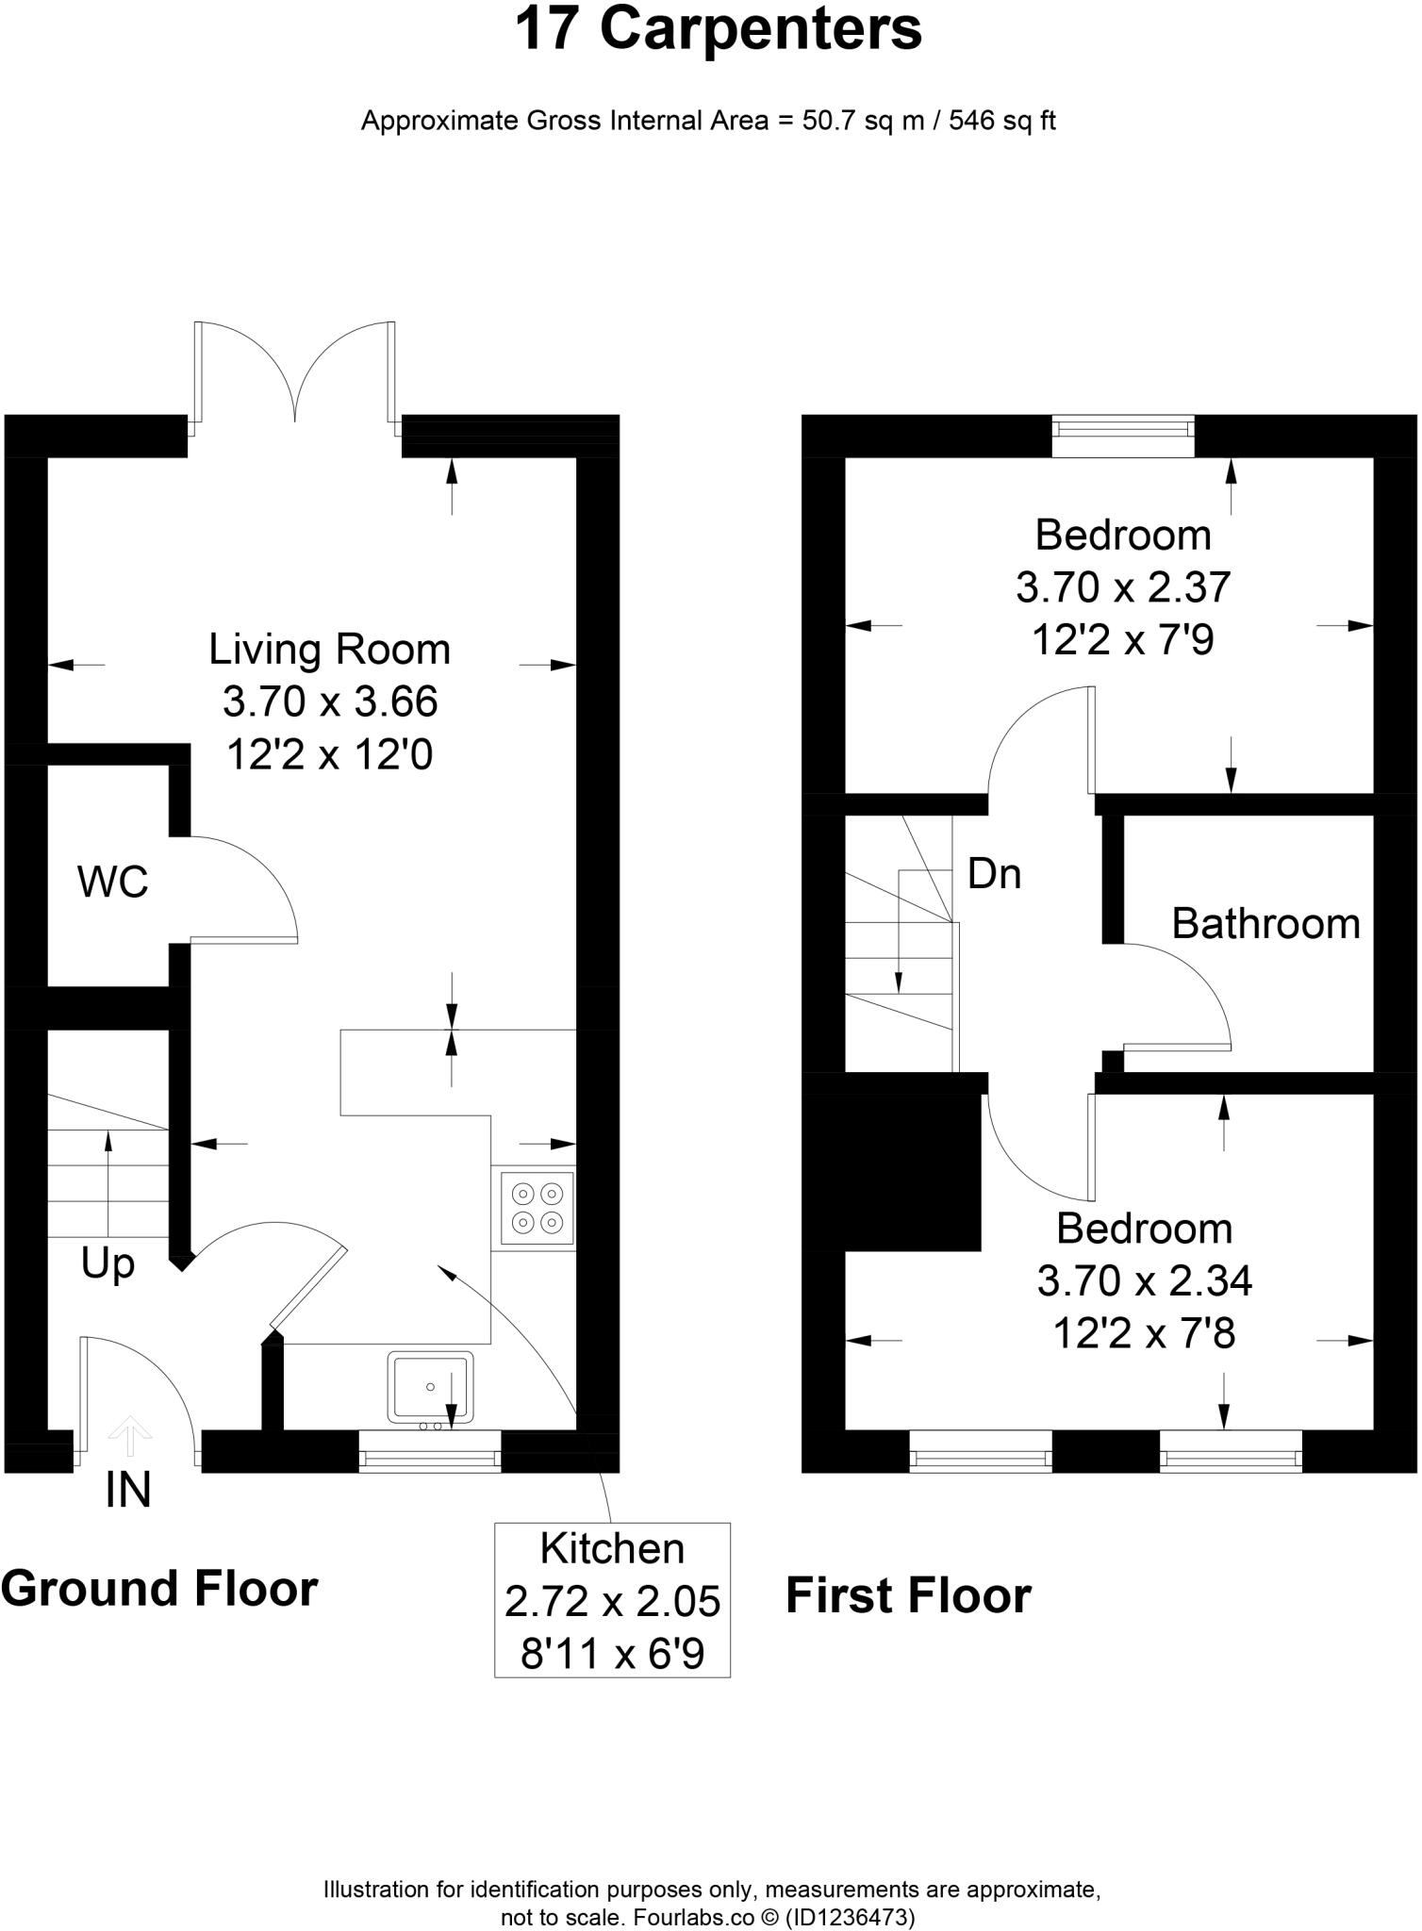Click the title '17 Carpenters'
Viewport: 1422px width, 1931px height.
click(718, 30)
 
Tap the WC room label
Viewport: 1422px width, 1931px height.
click(113, 883)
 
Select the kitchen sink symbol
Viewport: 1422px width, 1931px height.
click(429, 1387)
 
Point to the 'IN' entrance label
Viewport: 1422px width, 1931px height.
click(128, 1491)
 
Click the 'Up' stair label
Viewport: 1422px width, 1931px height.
click(107, 1264)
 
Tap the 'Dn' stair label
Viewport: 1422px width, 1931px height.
click(994, 875)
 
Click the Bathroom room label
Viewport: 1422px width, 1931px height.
click(1265, 924)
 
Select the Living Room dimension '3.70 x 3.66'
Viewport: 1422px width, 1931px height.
click(330, 702)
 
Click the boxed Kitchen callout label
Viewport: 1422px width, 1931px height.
click(612, 1600)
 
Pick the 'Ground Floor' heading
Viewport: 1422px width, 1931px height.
click(159, 1589)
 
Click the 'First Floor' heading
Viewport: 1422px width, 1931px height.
click(908, 1596)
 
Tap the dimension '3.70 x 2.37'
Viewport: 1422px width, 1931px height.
click(1122, 587)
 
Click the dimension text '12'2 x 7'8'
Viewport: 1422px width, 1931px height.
click(1144, 1333)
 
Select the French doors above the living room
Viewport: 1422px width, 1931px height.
click(295, 377)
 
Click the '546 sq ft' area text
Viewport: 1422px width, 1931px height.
click(1001, 122)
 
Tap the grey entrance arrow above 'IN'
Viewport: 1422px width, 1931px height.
click(129, 1436)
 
